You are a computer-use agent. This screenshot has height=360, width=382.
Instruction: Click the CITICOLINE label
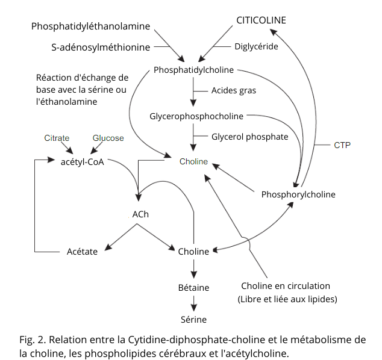coord(261,20)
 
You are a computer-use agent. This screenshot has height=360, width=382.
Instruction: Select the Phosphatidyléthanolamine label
coord(91,26)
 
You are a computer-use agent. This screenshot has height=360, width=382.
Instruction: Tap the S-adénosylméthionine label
coord(101,46)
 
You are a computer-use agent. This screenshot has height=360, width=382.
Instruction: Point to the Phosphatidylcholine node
coord(193,70)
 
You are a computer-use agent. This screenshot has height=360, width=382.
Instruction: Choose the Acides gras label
coord(233,90)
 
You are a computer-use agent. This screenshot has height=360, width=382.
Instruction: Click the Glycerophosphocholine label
coord(196,116)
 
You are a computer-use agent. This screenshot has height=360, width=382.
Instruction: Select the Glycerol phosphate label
coord(249,137)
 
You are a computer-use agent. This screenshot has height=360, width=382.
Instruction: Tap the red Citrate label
coord(57,138)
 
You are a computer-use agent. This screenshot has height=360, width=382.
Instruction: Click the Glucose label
coord(108,138)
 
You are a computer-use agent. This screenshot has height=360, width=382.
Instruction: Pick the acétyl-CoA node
coord(83,162)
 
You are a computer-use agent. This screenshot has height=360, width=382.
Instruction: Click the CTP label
coord(342,145)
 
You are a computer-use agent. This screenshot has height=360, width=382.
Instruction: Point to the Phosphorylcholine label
coord(298,194)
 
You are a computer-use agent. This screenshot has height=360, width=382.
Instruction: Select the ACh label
coord(140,214)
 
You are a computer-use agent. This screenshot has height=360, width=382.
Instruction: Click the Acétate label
coord(82,252)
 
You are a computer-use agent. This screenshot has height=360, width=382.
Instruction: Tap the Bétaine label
coord(193,287)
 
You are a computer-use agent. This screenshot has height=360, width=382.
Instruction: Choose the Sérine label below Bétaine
coord(193,319)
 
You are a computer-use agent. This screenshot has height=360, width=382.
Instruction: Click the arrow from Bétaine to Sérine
coord(193,303)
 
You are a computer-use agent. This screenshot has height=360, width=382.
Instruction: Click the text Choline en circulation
coord(286,286)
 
